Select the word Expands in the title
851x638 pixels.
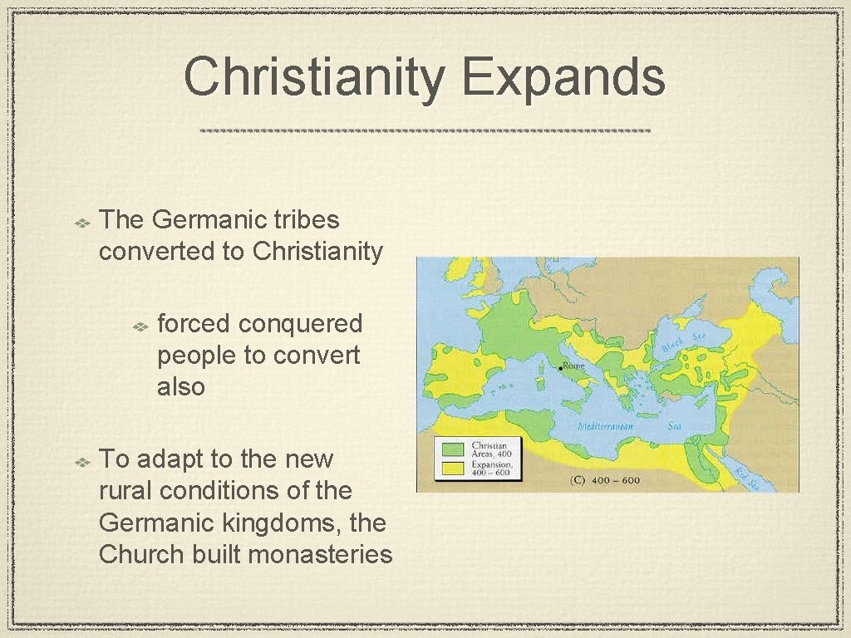click(x=564, y=77)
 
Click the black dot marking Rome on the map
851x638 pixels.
click(x=560, y=368)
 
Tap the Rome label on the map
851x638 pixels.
click(x=574, y=366)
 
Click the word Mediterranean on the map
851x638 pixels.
click(x=606, y=426)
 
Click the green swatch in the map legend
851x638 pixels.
click(x=453, y=449)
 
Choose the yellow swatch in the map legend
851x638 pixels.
click(x=453, y=467)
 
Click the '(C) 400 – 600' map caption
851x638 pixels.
click(x=606, y=480)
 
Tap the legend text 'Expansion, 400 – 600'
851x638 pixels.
click(x=492, y=467)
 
